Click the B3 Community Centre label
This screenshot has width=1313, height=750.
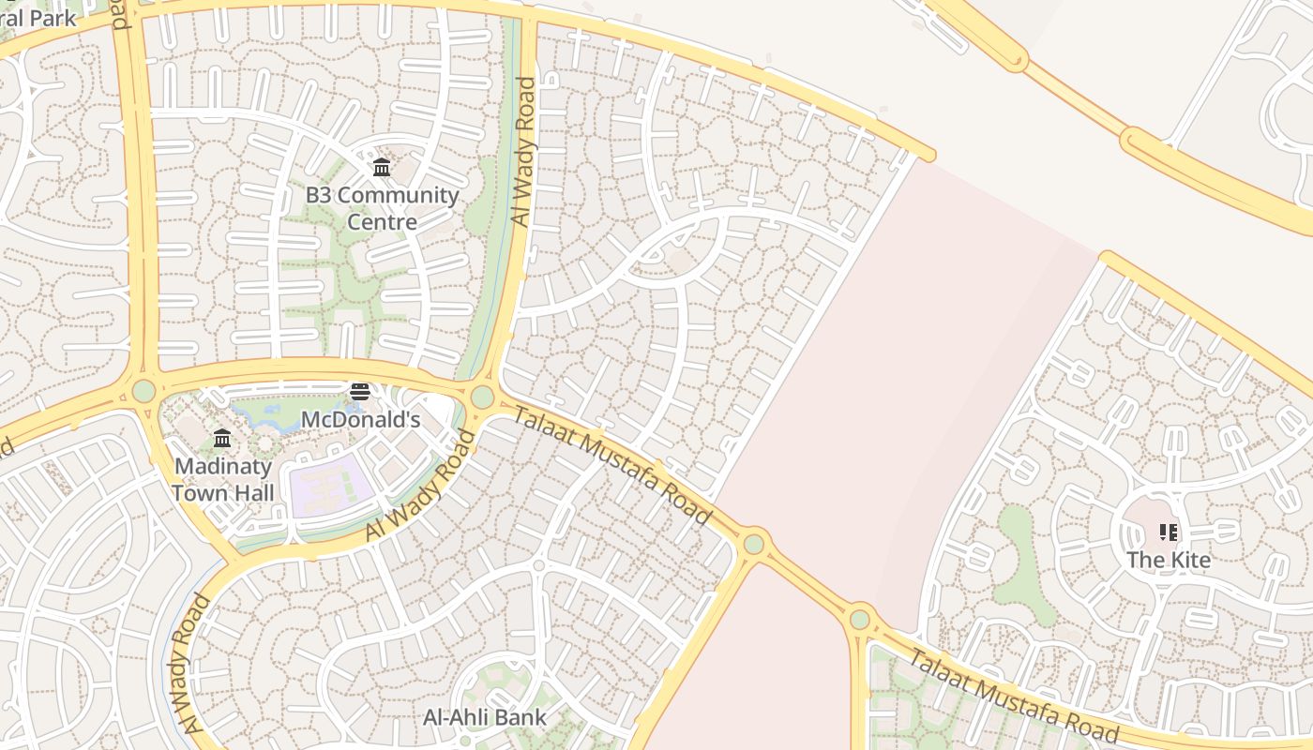[x=382, y=208]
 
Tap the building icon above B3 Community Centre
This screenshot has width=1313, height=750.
[x=382, y=168]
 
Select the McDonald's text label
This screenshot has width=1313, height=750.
[x=360, y=419]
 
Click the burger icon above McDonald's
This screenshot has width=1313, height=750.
[x=360, y=391]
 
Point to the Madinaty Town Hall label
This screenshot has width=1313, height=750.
[x=222, y=479]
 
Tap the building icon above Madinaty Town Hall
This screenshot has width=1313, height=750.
[x=222, y=438]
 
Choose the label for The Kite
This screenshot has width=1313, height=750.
[x=1169, y=560]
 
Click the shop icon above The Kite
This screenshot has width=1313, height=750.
[x=1169, y=532]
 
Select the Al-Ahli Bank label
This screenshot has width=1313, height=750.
[x=485, y=717]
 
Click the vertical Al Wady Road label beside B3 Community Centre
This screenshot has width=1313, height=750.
[x=523, y=151]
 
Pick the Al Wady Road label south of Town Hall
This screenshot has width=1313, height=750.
[x=188, y=664]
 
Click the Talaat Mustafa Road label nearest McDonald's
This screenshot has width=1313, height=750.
[x=613, y=467]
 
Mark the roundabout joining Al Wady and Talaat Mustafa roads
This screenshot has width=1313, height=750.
[x=482, y=397]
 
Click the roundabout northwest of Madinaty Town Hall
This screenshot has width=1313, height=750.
[x=143, y=390]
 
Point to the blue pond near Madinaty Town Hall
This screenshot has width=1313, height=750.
[x=267, y=415]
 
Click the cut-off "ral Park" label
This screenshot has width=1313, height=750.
[x=38, y=18]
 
